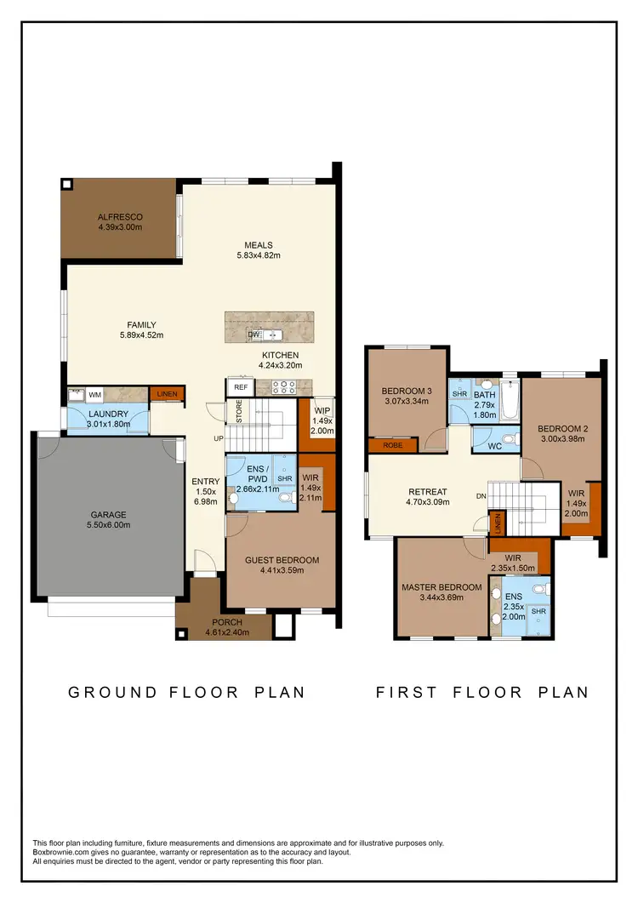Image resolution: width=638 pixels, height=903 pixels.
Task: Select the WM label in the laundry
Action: coord(95,395)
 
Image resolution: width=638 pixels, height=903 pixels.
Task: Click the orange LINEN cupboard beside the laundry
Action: coord(166,394)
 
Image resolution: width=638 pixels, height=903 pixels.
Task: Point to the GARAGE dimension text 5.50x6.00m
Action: coord(109,526)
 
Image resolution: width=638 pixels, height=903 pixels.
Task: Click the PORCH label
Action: coord(227,622)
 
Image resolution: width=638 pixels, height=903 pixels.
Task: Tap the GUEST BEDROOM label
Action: coord(282,559)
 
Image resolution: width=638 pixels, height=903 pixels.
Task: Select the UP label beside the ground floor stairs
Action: coord(219,438)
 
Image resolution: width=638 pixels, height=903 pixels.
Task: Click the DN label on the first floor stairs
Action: coord(481,496)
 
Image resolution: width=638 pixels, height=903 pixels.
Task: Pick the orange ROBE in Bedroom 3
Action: coord(391,444)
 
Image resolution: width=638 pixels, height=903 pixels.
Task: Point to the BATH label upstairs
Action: coord(485,394)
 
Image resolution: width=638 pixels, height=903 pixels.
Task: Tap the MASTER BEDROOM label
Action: coord(441,587)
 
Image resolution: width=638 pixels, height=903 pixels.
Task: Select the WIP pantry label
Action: coord(323,410)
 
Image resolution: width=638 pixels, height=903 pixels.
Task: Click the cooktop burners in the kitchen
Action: coord(282,386)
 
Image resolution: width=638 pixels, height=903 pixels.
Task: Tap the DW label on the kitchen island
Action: coord(253,334)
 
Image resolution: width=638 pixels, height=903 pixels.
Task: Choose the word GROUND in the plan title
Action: coord(113,692)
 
